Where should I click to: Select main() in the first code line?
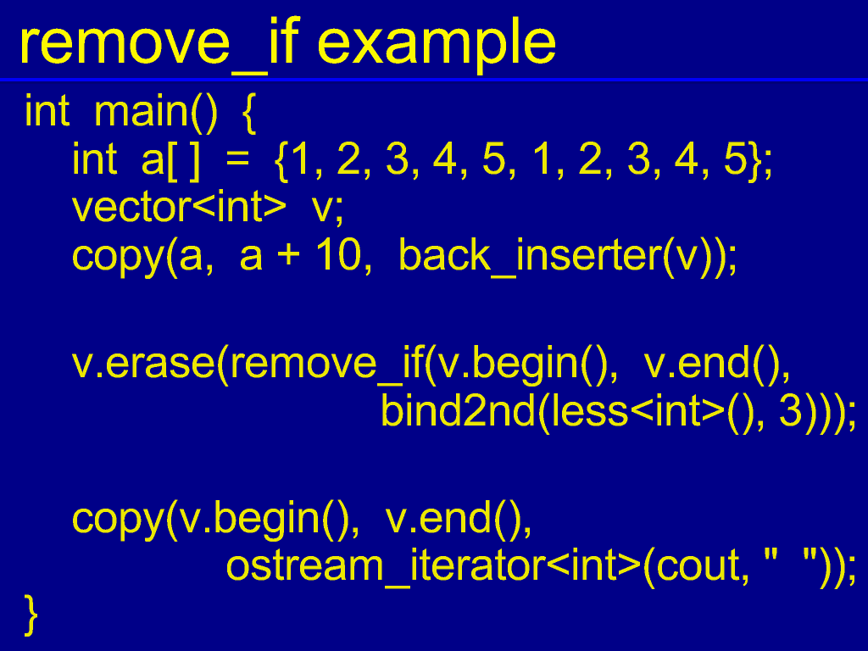click(156, 113)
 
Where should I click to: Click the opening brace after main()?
click(249, 113)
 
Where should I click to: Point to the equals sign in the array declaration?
click(237, 160)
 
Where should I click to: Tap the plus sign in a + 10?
click(288, 256)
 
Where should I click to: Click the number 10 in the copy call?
click(337, 255)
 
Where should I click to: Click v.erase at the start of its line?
click(143, 364)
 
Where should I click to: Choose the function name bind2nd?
click(458, 410)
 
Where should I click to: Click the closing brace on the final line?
click(31, 615)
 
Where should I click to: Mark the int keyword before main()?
click(47, 111)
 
